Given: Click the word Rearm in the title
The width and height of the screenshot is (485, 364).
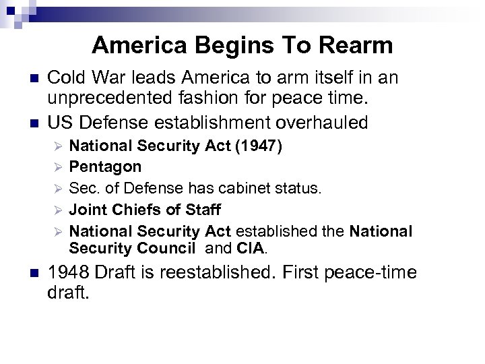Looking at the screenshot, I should pyautogui.click(x=356, y=45).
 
